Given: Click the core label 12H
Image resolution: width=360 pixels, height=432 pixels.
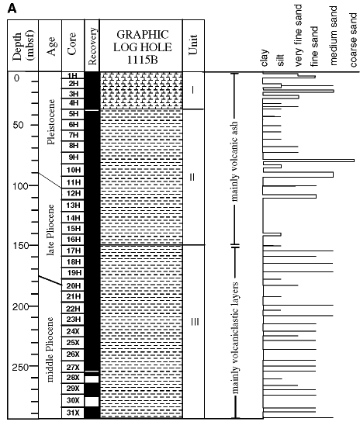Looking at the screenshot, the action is click(x=74, y=193).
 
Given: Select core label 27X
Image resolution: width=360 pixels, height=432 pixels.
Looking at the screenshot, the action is click(x=73, y=368).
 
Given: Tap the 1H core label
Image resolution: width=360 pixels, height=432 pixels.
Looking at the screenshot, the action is click(x=72, y=76).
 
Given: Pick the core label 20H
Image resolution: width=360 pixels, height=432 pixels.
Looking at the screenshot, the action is click(x=74, y=286).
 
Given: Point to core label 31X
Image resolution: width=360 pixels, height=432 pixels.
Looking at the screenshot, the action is click(x=73, y=413).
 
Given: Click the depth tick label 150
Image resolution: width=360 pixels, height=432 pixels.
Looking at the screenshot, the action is click(x=21, y=246).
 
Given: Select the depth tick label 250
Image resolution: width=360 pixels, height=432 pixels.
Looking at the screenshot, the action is click(x=20, y=368).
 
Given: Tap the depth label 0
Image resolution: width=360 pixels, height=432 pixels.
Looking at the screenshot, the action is click(x=17, y=78).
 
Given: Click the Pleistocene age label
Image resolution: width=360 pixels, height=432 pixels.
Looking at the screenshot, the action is click(x=50, y=122).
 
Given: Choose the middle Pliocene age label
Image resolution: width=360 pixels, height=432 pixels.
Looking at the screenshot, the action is click(x=50, y=350).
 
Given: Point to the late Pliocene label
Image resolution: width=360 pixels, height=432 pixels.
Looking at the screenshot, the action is click(x=50, y=230).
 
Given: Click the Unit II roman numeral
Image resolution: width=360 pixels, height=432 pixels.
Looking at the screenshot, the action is click(x=192, y=177).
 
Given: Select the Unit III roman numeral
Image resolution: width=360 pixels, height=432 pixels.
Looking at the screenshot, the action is click(x=195, y=322).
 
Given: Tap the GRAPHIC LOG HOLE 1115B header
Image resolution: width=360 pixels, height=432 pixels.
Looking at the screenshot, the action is click(x=143, y=47).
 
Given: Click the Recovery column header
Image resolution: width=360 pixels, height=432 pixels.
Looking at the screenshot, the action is click(x=92, y=46).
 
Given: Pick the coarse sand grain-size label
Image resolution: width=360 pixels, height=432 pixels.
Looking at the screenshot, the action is click(x=353, y=40).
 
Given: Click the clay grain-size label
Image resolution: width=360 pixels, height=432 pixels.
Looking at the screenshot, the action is click(x=265, y=58).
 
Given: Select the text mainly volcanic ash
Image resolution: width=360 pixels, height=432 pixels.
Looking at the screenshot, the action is click(x=234, y=161).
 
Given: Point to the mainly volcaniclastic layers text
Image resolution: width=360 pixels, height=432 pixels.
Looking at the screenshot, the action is click(x=235, y=337).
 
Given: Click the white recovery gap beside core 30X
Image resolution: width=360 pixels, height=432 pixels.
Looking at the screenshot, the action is click(x=92, y=402).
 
